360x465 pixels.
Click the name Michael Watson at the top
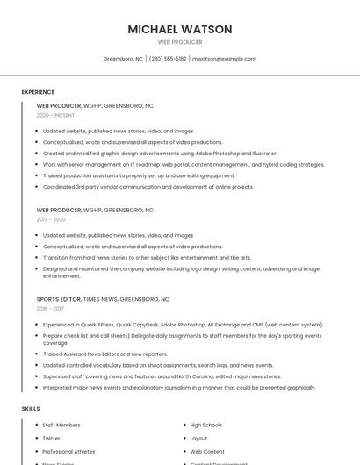pyautogui.click(x=180, y=30)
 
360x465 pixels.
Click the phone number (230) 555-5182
pyautogui.click(x=168, y=59)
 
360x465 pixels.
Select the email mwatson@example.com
pyautogui.click(x=224, y=59)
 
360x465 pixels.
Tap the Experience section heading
pyautogui.click(x=38, y=92)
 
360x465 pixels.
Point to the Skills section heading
pyautogui.click(x=31, y=409)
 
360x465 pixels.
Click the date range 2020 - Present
pyautogui.click(x=55, y=115)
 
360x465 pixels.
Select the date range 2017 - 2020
pyautogui.click(x=52, y=219)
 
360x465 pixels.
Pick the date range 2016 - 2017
pyautogui.click(x=50, y=309)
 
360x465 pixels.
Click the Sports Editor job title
pyautogui.click(x=59, y=299)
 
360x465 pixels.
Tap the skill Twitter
pyautogui.click(x=52, y=438)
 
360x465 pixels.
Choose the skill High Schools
pyautogui.click(x=206, y=425)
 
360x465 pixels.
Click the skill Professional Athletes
pyautogui.click(x=68, y=451)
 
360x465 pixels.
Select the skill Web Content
pyautogui.click(x=207, y=451)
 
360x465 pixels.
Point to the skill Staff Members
pyautogui.click(x=61, y=425)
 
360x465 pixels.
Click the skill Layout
pyautogui.click(x=199, y=438)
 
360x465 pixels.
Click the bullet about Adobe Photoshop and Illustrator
pyautogui.click(x=160, y=154)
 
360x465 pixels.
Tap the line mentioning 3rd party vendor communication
pyautogui.click(x=148, y=187)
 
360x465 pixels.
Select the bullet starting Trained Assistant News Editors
pyautogui.click(x=104, y=354)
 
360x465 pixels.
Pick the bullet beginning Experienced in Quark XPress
pyautogui.click(x=183, y=325)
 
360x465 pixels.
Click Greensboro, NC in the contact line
pyautogui.click(x=123, y=59)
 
